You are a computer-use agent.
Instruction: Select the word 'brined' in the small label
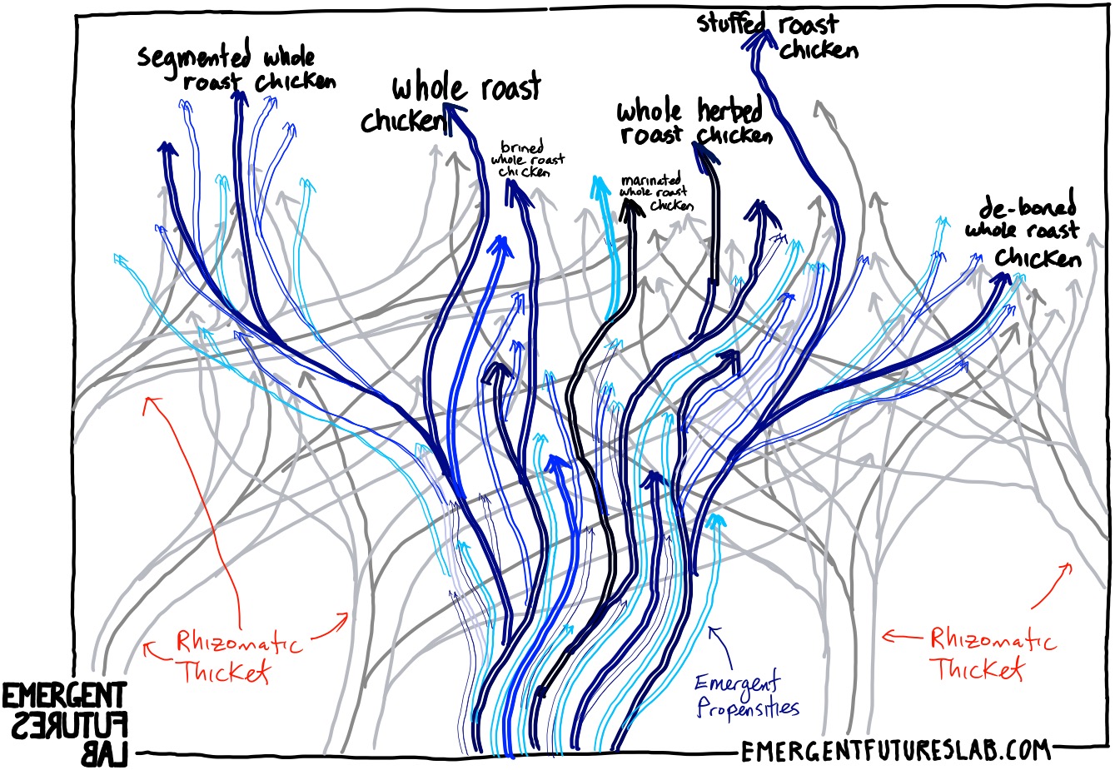tap(521, 148)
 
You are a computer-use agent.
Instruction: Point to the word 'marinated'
tap(650, 179)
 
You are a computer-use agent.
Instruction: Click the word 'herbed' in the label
tap(729, 110)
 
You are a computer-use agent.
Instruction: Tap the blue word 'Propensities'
tap(747, 708)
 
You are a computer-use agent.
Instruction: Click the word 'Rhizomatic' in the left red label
tap(240, 642)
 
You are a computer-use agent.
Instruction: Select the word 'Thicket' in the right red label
tap(978, 668)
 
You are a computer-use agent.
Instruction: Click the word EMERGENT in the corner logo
tap(64, 695)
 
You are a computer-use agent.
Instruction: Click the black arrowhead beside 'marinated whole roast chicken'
tap(632, 210)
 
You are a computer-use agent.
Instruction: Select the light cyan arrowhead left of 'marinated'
tap(600, 187)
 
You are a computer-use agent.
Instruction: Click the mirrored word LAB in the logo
tap(105, 754)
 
